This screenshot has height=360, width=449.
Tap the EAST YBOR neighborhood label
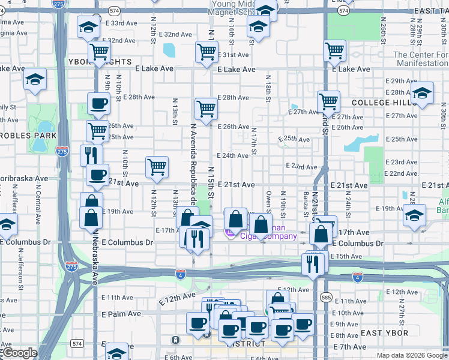tap(384, 333)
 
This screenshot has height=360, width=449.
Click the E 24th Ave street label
tap(232, 155)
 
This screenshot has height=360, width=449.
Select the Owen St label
tap(268, 201)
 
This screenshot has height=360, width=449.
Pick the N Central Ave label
tap(37, 201)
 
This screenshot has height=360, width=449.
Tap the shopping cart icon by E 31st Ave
tap(206, 52)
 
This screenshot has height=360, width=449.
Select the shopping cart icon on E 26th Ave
tap(206, 109)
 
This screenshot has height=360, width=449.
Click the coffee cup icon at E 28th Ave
tap(98, 103)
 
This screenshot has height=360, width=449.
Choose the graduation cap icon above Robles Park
tap(35, 79)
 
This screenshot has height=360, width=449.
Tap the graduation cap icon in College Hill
tap(423, 92)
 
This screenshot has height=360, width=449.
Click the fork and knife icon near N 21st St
tap(312, 262)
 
